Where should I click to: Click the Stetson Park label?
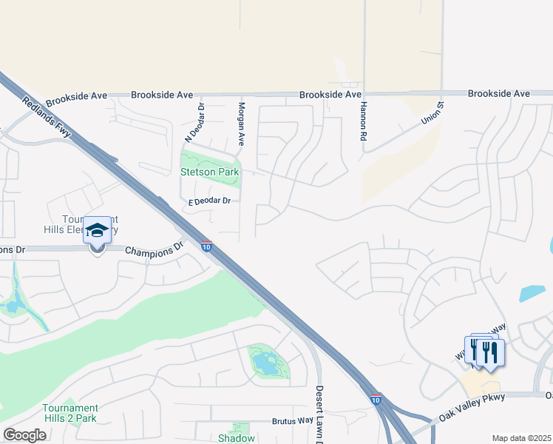[x=210, y=172]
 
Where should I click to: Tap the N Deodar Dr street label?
[x=194, y=122]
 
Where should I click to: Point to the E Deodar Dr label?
[x=210, y=201]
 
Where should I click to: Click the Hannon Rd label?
[x=364, y=121]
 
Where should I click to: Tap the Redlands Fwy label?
[x=46, y=117]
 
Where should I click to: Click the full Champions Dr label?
[x=154, y=250]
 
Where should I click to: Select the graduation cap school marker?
[x=98, y=232]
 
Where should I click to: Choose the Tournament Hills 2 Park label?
[x=70, y=413]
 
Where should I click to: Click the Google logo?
[x=24, y=435]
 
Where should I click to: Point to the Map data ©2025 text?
[x=521, y=438]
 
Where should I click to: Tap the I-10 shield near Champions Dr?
[x=206, y=246]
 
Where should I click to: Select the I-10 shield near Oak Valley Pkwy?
[x=376, y=400]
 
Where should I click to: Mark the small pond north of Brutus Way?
[x=264, y=363]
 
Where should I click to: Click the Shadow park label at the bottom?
[x=237, y=438]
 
